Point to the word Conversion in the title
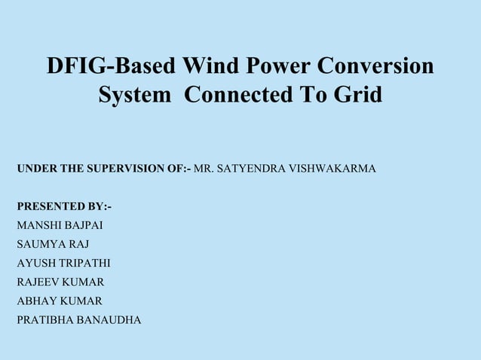click(x=376, y=66)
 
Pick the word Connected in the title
click(x=239, y=96)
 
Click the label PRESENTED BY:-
click(x=65, y=206)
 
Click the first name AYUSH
click(x=36, y=263)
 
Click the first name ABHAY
click(x=37, y=301)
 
